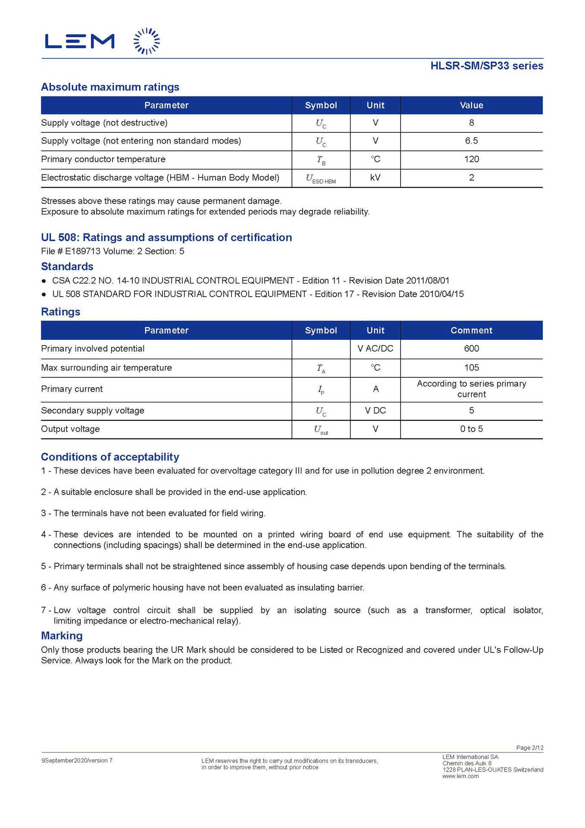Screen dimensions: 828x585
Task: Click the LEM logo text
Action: [80, 41]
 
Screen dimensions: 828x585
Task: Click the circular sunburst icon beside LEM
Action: [147, 41]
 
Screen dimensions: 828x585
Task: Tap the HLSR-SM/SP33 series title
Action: [486, 66]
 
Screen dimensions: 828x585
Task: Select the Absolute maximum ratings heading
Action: [110, 87]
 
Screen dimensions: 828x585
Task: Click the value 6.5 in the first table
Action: [471, 141]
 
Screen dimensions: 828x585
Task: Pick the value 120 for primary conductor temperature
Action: [471, 159]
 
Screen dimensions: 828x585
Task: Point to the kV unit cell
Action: [375, 178]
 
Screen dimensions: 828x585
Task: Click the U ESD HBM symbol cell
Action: [321, 179]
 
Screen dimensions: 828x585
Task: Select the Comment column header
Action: [471, 330]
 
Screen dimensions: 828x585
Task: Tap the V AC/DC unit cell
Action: [375, 348]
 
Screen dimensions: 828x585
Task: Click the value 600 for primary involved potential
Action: [471, 348]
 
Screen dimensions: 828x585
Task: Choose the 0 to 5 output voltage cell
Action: [471, 429]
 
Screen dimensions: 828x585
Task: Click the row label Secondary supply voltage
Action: [93, 411]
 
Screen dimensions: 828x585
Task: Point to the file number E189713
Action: [82, 251]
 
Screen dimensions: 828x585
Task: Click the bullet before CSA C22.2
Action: [44, 281]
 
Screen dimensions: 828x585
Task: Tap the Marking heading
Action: [62, 636]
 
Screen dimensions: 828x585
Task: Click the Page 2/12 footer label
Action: [529, 748]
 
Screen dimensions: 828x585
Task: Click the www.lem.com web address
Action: [460, 776]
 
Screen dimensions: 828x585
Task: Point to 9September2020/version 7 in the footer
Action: [77, 761]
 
